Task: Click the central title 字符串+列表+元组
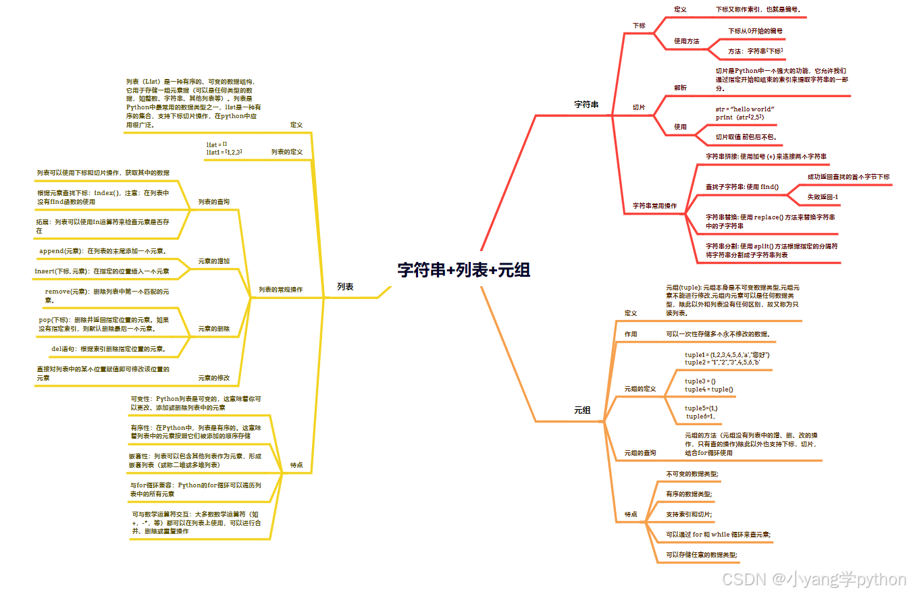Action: point(463,270)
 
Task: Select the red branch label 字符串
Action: point(586,105)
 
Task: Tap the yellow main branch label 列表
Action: point(345,286)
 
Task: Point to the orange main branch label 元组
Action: point(582,410)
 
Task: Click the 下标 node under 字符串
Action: point(639,26)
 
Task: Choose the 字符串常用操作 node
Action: point(654,205)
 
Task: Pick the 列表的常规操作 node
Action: point(280,290)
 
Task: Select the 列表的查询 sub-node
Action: point(213,202)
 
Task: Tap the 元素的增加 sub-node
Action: point(213,261)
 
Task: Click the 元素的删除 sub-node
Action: point(213,329)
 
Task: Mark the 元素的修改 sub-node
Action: point(213,377)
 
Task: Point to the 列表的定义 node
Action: point(287,152)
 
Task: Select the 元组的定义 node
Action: point(640,389)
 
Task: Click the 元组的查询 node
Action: point(640,452)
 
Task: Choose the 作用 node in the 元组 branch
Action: point(631,334)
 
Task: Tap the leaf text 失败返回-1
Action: point(823,196)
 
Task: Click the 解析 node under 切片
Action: point(680,88)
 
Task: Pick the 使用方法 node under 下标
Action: point(687,41)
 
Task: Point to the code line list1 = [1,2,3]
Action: point(224,153)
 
